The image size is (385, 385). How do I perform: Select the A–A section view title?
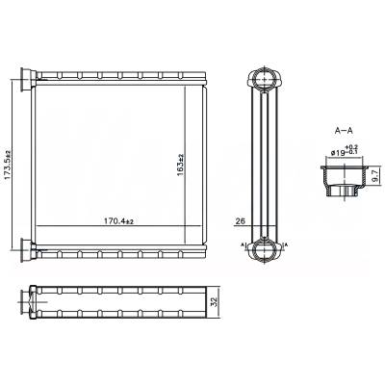[343, 128]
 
